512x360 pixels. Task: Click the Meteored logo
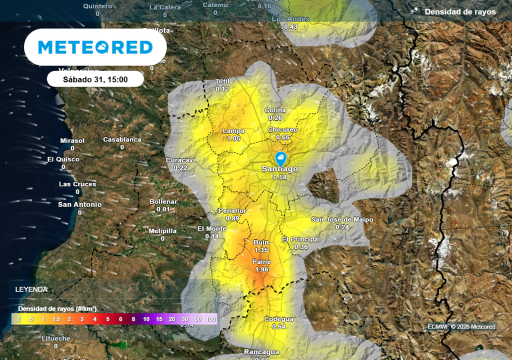[95, 47]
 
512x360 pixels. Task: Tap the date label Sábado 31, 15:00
[95, 79]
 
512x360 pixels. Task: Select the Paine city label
[261, 262]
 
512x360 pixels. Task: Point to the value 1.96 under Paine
[261, 269]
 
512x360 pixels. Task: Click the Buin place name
[261, 242]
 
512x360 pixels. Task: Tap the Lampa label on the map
[233, 131]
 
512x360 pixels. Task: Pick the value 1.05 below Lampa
[233, 138]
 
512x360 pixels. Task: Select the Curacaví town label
[180, 160]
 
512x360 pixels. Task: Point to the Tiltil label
[222, 81]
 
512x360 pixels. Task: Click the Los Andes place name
[290, 19]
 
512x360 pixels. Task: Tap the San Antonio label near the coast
[79, 204]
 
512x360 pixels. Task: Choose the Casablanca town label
[122, 139]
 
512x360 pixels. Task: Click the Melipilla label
[162, 231]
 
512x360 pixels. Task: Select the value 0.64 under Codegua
[278, 326]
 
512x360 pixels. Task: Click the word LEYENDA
[31, 289]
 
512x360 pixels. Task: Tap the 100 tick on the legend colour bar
[210, 319]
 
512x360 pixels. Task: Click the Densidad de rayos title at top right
[460, 11]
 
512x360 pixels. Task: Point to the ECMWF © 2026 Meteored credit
[461, 327]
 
